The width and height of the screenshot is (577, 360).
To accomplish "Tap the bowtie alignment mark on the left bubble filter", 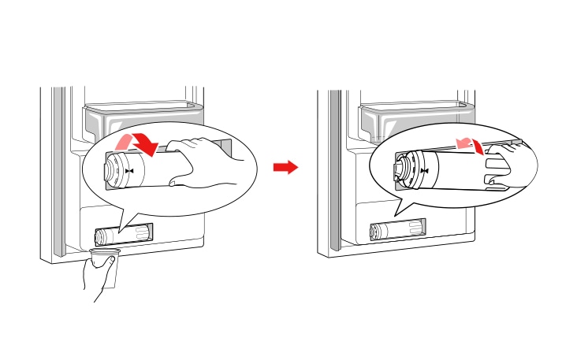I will [129, 169].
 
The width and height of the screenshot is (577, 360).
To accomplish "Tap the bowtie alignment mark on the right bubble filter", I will [426, 170].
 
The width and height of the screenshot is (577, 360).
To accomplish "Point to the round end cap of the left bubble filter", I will [110, 169].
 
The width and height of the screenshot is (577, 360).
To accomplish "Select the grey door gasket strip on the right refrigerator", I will [335, 173].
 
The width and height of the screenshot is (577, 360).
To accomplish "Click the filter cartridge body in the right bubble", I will [449, 169].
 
